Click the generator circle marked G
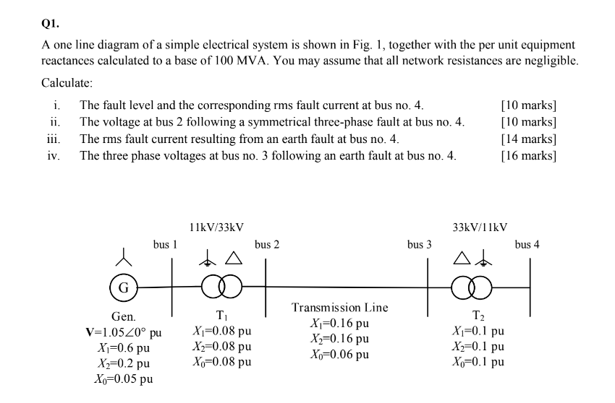point(124,287)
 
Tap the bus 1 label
point(165,245)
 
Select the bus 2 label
point(267,245)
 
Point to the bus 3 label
point(419,245)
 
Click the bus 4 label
point(527,245)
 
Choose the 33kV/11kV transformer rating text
point(480,227)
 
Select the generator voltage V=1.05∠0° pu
point(123,333)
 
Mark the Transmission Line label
point(339,308)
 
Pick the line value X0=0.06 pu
point(339,354)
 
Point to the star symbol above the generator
point(124,255)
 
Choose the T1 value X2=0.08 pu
point(222,347)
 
